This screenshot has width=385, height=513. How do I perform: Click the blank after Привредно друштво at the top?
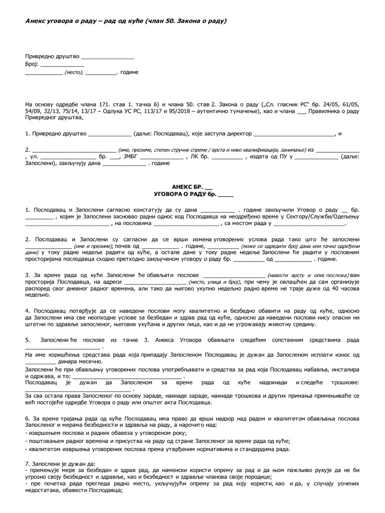107,57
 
